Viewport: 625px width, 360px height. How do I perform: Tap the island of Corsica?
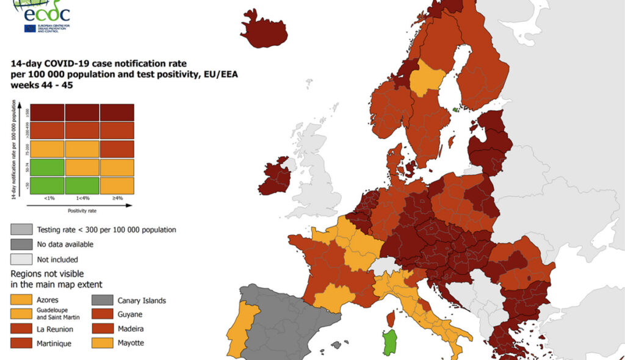coord(391,317)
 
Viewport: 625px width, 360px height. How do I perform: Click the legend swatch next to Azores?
coord(22,300)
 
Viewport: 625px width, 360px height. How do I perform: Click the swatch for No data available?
coord(22,244)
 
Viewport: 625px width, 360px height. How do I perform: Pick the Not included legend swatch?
coord(22,259)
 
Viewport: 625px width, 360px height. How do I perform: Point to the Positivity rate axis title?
coord(82,211)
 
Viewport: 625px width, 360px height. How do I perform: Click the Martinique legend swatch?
coord(22,343)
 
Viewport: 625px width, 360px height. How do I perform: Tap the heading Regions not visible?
coord(48,273)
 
